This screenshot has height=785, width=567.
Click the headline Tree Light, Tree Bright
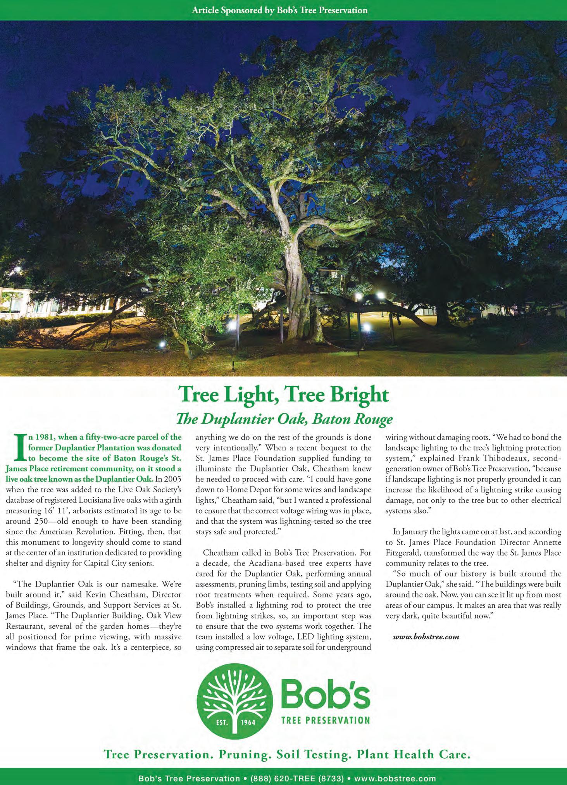pos(283,395)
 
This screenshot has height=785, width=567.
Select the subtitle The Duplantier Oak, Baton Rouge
pos(284,419)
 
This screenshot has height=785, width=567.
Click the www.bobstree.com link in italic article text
pos(426,637)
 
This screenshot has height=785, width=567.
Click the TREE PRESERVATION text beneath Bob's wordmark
pos(326,721)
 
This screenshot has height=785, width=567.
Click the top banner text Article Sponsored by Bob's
pos(279,10)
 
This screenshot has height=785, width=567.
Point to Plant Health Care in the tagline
pos(414,754)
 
